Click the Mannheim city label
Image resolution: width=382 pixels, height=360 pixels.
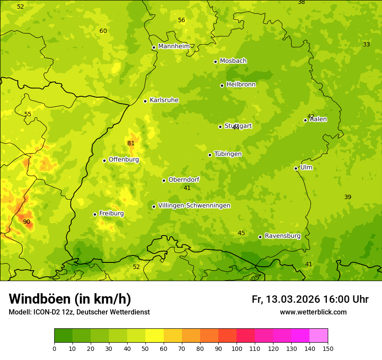[x=174, y=46]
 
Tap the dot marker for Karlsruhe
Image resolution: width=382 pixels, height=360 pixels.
[x=145, y=101]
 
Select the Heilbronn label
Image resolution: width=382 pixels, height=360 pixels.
[x=241, y=84]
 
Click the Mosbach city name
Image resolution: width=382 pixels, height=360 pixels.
[x=233, y=61]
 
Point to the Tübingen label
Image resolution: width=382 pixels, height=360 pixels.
[x=228, y=154]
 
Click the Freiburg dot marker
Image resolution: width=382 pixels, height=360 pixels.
[x=95, y=214]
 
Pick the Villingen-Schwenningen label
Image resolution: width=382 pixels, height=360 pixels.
[x=194, y=206]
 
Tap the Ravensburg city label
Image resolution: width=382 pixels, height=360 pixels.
[x=283, y=236]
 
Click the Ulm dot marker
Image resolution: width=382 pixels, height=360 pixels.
[x=296, y=168]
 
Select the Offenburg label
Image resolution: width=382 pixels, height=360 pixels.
[x=124, y=160]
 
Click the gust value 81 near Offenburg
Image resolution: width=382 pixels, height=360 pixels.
[x=131, y=144]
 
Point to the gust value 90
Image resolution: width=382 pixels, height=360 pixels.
[x=26, y=222]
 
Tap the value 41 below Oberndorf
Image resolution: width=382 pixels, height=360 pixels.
[x=187, y=188]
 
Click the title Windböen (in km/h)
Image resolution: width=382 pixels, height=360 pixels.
[x=70, y=299]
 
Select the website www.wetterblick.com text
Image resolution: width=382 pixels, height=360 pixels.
[x=313, y=312]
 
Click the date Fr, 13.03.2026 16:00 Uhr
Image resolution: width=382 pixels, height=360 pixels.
[x=310, y=299]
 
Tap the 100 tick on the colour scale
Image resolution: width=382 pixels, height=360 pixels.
[x=237, y=348]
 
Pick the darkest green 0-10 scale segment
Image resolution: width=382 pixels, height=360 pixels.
[x=63, y=335]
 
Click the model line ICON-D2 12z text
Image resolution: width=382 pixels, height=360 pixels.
[x=79, y=312]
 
